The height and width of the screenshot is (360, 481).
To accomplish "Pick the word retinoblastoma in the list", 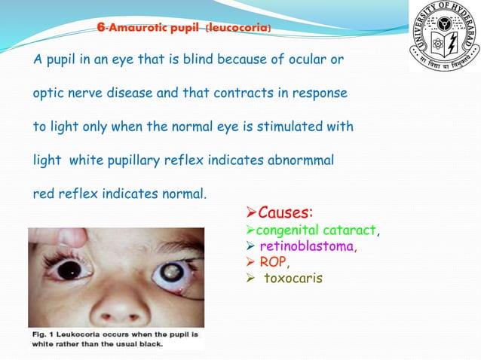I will [307, 246].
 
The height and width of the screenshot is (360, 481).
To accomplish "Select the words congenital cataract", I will [317, 229].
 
